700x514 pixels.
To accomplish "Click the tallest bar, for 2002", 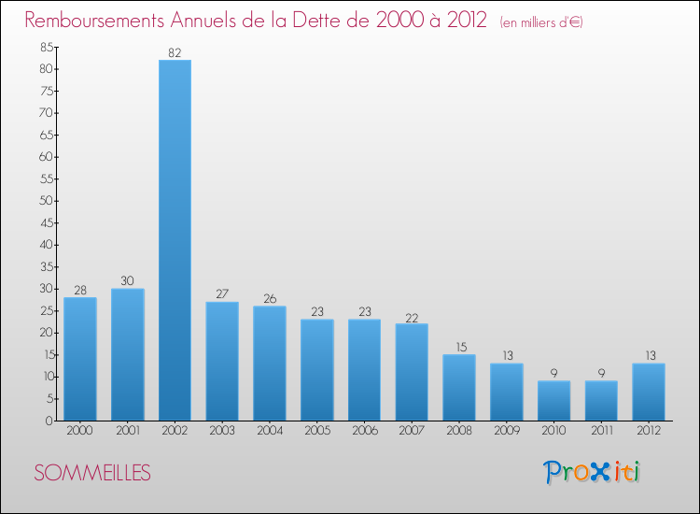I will point(175,240).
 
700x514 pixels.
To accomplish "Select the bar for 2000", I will point(79,359).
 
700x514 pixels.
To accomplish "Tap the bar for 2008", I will point(459,388).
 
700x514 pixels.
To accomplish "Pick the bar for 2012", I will point(649,392).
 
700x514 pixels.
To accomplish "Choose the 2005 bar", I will point(316,370).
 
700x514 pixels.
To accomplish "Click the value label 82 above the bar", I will point(175,52).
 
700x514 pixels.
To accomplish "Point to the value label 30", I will point(128,280).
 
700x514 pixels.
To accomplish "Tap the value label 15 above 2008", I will point(459,347).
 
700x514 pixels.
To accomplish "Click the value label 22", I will point(412,316).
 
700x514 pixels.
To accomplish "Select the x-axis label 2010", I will point(554,432).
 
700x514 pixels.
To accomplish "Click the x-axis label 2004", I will point(270,432).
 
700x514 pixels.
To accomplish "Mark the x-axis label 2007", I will point(412,432).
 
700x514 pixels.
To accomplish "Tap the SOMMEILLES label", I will point(92,473).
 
